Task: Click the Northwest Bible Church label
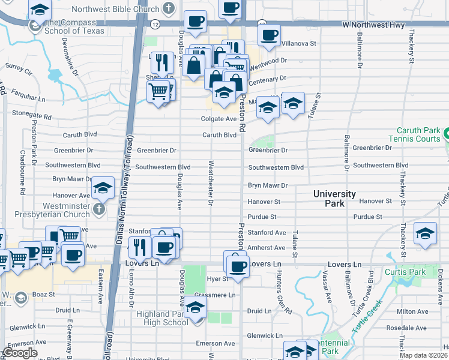(x=115, y=10)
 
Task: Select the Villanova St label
(x=299, y=44)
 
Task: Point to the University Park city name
(x=334, y=199)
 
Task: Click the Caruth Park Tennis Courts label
(x=418, y=134)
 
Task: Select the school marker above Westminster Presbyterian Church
(x=103, y=188)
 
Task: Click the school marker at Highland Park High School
(x=195, y=308)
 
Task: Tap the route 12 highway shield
(x=155, y=24)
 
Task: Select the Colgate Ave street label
(x=218, y=119)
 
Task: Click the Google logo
(x=20, y=353)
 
